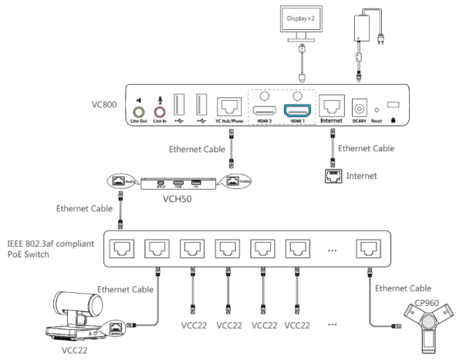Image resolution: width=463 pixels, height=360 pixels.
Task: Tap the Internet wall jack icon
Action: tap(333, 176)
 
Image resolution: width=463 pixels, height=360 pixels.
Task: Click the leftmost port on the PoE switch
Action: tap(120, 247)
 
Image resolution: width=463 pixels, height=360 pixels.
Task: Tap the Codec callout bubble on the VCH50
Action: tap(241, 180)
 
